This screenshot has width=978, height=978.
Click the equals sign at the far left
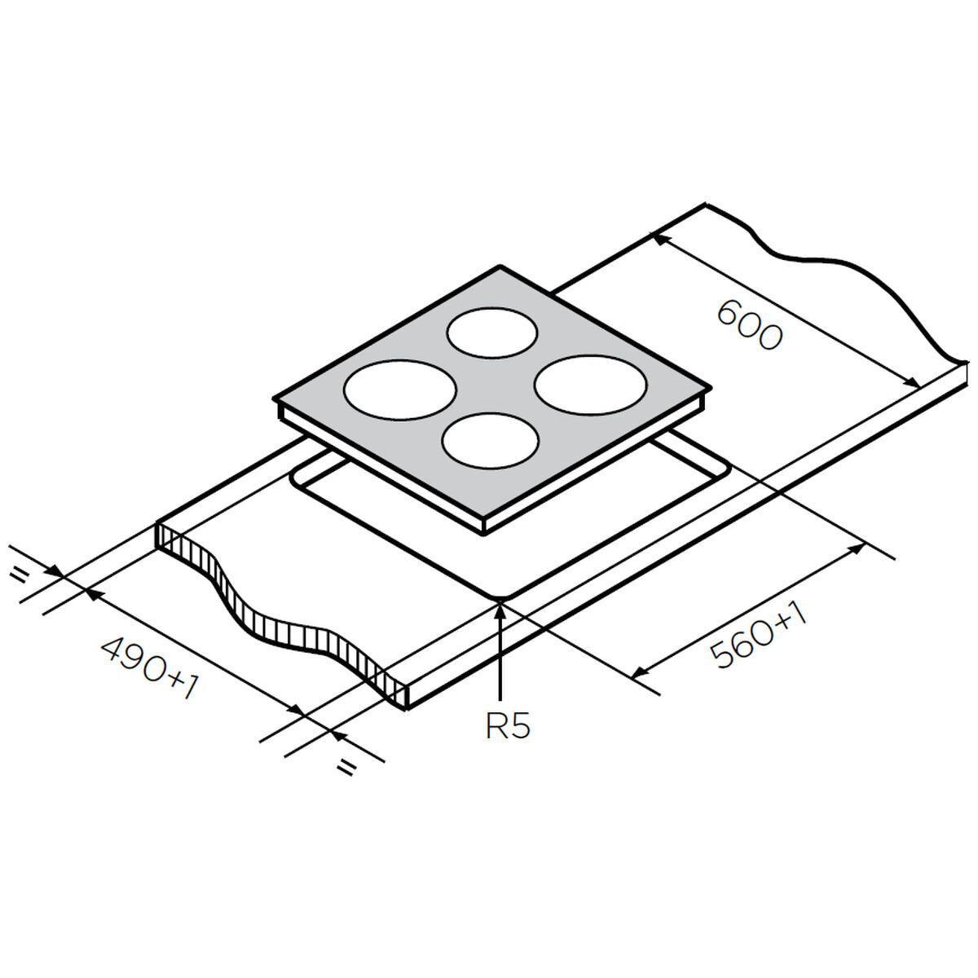point(17,576)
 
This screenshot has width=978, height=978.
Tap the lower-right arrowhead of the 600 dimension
point(917,385)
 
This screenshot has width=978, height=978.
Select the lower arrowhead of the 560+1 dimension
point(637,674)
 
